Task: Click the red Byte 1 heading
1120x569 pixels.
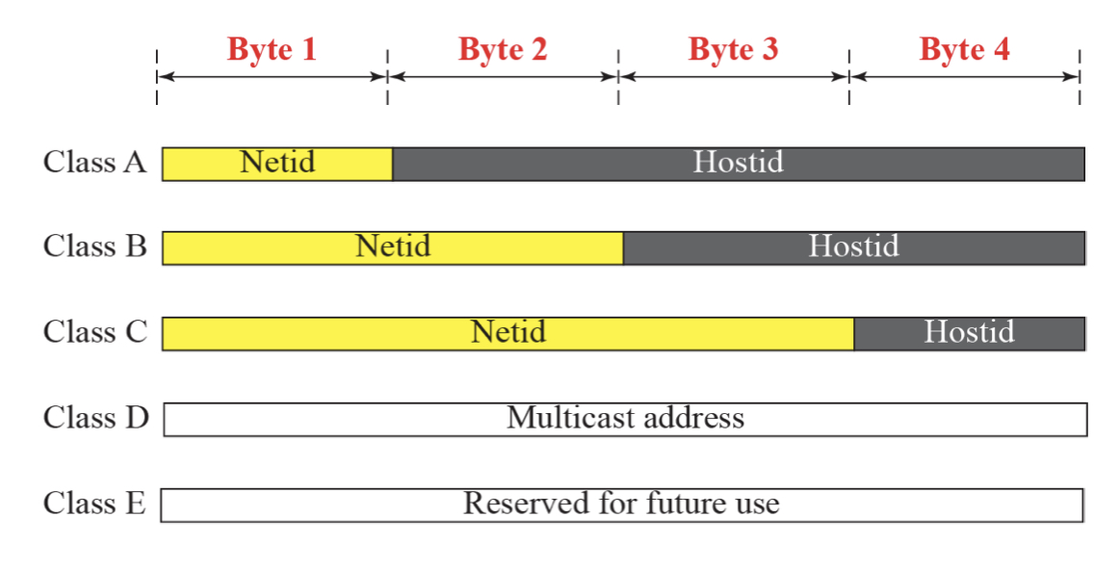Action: coord(272,50)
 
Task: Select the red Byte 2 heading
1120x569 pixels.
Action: coord(502,50)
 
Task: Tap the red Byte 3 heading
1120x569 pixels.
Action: coord(733,50)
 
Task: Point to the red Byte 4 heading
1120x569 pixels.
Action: coord(964,50)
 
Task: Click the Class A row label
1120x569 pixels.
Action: coord(95,162)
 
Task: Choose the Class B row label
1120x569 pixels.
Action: coord(95,246)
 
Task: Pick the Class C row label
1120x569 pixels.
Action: coord(95,332)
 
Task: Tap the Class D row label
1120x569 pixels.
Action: coord(95,418)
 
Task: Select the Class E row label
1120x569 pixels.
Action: coord(94,504)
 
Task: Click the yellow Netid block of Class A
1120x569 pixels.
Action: coord(277,164)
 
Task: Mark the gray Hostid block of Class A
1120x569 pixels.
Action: coord(739,164)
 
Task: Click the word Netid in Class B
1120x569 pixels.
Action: coord(393,246)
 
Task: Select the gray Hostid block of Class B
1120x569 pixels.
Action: coord(854,247)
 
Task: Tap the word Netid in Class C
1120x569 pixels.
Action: coord(508,332)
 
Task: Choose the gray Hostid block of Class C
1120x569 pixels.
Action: coord(970,333)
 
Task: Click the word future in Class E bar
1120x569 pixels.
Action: coord(679,504)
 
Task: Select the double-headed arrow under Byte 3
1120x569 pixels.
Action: coord(734,76)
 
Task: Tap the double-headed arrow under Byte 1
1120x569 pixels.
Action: coord(273,76)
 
